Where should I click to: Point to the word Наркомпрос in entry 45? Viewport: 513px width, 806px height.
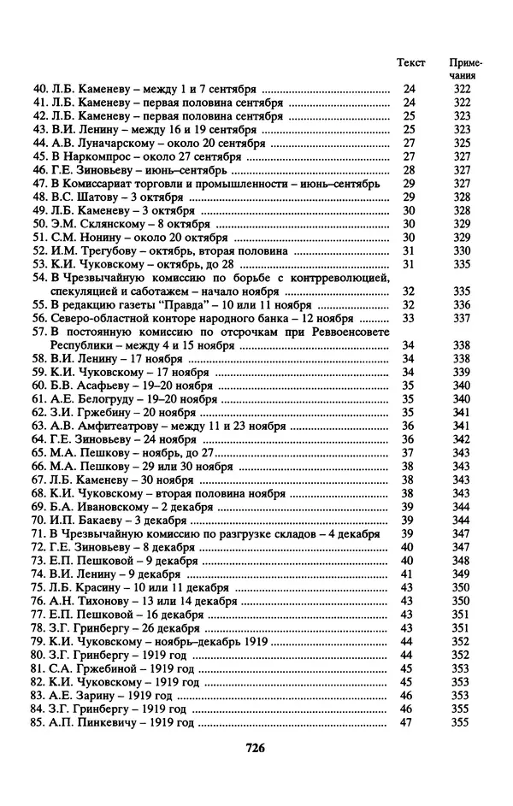(106, 156)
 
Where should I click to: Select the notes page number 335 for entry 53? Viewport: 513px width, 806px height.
(462, 264)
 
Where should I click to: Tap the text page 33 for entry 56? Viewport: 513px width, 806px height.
(408, 318)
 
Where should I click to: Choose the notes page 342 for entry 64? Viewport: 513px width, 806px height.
(462, 439)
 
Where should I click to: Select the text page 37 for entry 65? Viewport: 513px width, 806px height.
(408, 453)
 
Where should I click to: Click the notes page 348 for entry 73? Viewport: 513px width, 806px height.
(462, 561)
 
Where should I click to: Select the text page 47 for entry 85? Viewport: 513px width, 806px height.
(408, 723)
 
